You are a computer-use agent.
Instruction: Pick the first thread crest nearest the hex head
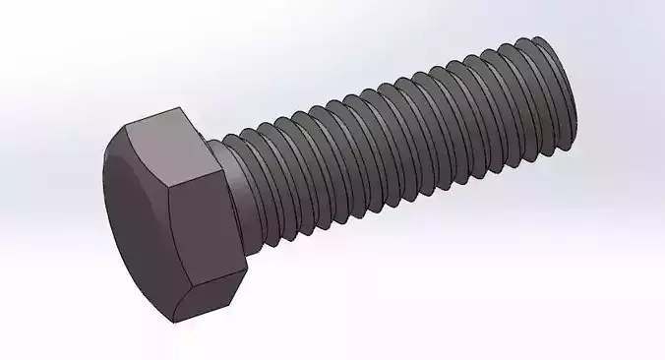click(x=258, y=182)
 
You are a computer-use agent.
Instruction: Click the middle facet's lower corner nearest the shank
click(x=245, y=264)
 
